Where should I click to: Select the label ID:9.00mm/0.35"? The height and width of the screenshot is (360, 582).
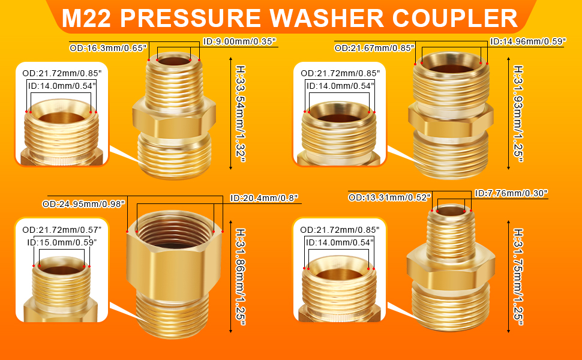(x=239, y=42)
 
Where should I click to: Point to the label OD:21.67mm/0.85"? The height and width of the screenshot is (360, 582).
(x=374, y=48)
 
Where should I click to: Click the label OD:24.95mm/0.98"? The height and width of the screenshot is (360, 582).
(x=83, y=203)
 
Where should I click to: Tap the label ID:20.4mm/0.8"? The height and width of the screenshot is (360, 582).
(x=264, y=198)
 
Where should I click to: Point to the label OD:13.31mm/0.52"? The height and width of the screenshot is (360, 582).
(x=390, y=197)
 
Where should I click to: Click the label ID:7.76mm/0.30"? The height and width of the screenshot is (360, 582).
(x=511, y=193)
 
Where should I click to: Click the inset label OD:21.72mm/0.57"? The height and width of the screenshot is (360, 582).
(x=62, y=230)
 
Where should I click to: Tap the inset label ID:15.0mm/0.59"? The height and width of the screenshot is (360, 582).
(x=62, y=242)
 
